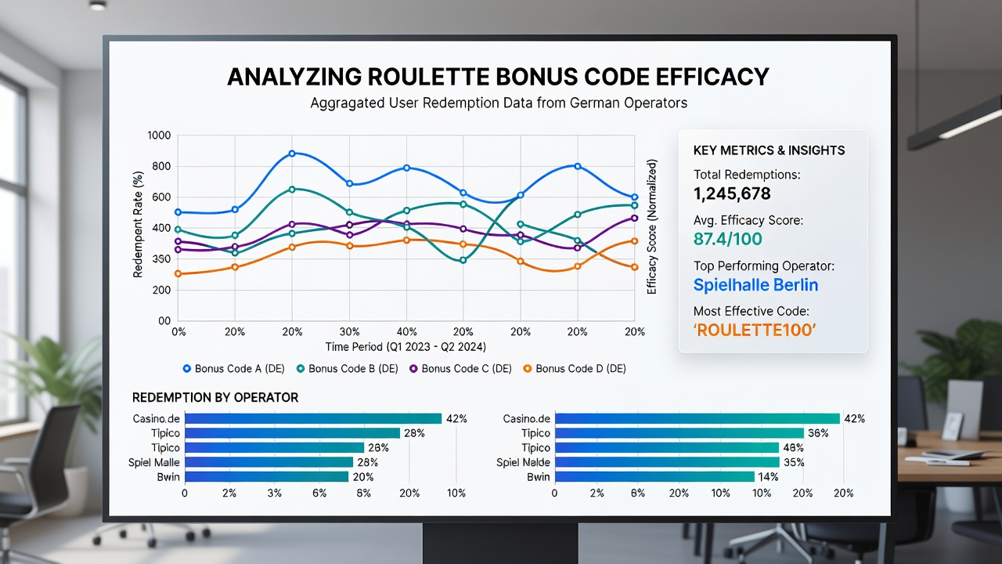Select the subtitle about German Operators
coord(499,103)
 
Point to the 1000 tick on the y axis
coord(159,136)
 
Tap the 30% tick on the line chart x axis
coord(349,331)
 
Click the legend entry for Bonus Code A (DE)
coord(234,368)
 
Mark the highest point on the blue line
coord(292,153)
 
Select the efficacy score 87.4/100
coord(728,239)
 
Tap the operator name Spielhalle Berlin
coord(755,284)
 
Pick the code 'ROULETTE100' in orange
coord(754,330)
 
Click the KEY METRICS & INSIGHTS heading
coord(769,150)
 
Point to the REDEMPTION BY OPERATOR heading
coord(215,397)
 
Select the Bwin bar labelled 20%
coord(267,477)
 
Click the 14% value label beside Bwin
coord(768,477)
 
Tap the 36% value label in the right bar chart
coord(818,433)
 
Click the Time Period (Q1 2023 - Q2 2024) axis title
coord(405,347)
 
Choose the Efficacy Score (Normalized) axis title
coord(652,226)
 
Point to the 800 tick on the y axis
coord(161,167)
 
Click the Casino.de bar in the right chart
coord(697,418)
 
